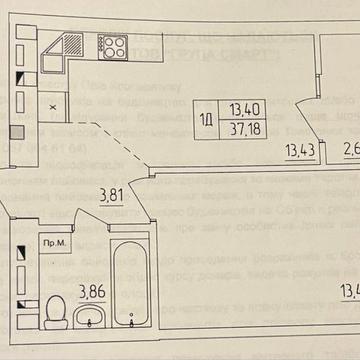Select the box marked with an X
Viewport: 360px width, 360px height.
coord(52,102)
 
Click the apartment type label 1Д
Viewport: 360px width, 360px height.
coord(206,121)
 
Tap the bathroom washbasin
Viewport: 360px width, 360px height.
coord(92,317)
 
